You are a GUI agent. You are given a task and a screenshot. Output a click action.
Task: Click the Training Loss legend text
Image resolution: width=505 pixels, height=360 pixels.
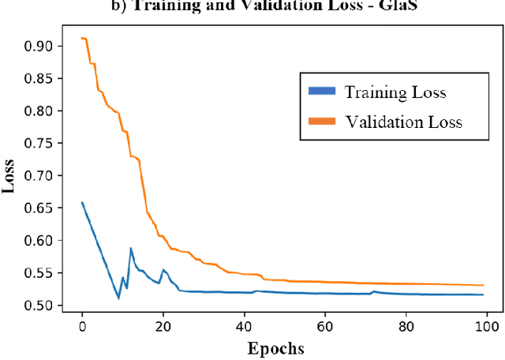click(x=395, y=92)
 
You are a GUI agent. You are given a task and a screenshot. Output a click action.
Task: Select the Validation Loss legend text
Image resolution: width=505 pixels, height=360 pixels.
click(x=402, y=122)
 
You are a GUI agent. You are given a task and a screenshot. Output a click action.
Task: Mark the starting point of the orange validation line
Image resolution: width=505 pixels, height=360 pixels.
click(x=82, y=38)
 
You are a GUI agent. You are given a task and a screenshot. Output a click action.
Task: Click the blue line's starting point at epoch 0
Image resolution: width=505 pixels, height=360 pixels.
click(x=82, y=202)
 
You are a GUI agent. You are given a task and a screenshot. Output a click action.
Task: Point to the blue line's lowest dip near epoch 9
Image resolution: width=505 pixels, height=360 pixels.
click(x=118, y=298)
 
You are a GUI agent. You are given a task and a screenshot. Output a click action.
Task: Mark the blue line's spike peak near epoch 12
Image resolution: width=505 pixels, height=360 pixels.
click(x=131, y=248)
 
